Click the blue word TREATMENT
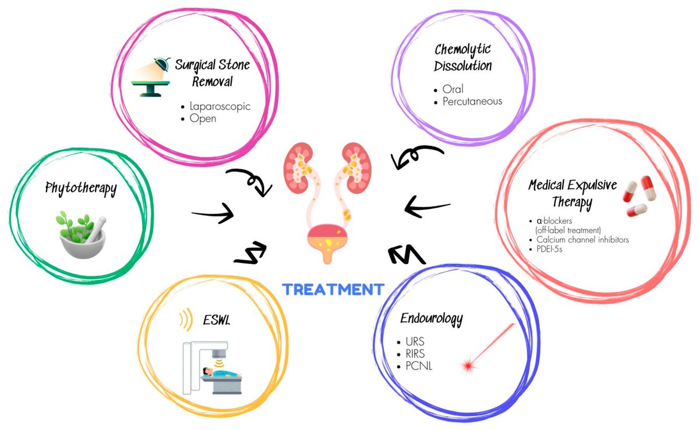point(333,289)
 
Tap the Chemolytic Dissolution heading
point(463,58)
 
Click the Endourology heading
point(432,318)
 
